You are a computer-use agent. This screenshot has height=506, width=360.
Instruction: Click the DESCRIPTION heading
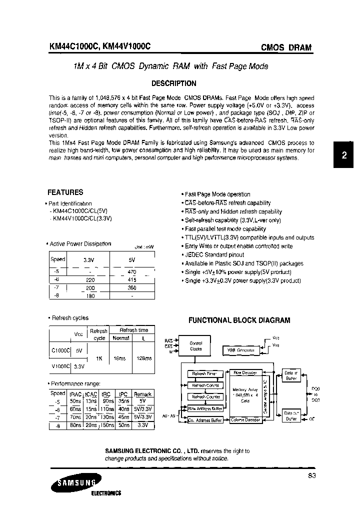[x=173, y=83]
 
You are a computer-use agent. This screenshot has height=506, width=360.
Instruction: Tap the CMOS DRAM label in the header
[x=286, y=48]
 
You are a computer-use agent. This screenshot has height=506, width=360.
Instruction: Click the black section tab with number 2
[x=344, y=155]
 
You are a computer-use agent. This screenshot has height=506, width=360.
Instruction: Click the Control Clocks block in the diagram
[x=195, y=346]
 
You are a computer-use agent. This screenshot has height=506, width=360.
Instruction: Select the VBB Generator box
[x=241, y=350]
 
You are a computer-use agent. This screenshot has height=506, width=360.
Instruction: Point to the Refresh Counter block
[x=204, y=396]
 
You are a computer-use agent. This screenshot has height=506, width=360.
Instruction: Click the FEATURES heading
[x=65, y=192]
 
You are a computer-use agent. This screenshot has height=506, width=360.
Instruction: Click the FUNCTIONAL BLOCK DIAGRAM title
[x=238, y=320]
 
